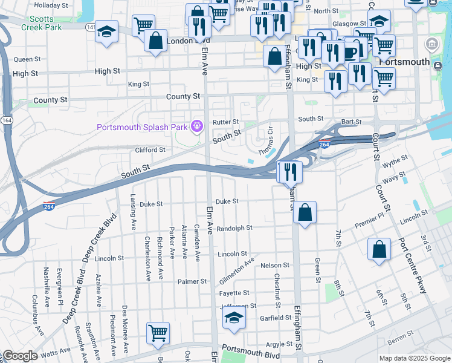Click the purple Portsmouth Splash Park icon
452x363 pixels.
[196, 126]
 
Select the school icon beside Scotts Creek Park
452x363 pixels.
[106, 31]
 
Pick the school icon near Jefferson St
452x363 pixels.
[234, 317]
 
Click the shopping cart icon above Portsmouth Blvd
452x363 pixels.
[158, 333]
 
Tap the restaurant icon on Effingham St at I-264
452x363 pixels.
[289, 172]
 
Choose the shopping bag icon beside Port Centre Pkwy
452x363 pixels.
[379, 250]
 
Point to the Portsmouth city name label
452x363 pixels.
[404, 62]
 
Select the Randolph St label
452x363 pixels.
[234, 228]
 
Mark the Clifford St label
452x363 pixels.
[150, 150]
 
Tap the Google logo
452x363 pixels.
[20, 356]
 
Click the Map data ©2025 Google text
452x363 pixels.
[414, 358]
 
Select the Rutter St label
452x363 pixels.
[226, 122]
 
